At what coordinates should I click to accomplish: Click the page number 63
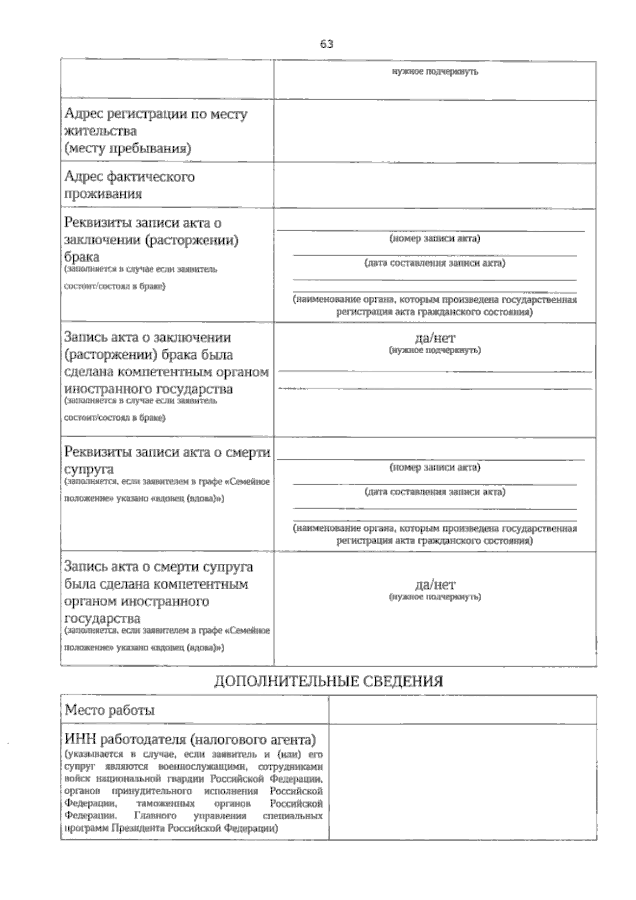pyautogui.click(x=326, y=45)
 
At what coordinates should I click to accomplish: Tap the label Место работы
pyautogui.click(x=110, y=710)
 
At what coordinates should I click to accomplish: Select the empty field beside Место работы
pyautogui.click(x=462, y=710)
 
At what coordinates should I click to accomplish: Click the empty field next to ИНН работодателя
pyautogui.click(x=462, y=782)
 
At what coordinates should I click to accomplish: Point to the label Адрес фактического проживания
pyautogui.click(x=129, y=185)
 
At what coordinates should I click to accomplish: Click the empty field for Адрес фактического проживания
pyautogui.click(x=435, y=185)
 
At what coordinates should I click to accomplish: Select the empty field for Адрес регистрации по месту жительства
pyautogui.click(x=435, y=130)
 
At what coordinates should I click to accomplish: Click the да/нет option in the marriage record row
pyautogui.click(x=435, y=338)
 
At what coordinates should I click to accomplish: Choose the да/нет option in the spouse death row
pyautogui.click(x=435, y=585)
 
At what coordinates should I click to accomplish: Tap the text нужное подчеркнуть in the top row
pyautogui.click(x=435, y=72)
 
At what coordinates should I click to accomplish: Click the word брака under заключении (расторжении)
pyautogui.click(x=82, y=257)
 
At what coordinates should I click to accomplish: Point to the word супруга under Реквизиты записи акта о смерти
pyautogui.click(x=89, y=469)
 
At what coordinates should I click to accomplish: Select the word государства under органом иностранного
pyautogui.click(x=102, y=618)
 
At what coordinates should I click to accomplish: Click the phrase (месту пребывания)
pyautogui.click(x=127, y=148)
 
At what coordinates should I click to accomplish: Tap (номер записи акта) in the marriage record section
pyautogui.click(x=435, y=239)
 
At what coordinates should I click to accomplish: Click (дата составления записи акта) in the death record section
pyautogui.click(x=435, y=492)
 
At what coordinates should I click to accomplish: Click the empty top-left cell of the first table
pyautogui.click(x=167, y=80)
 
